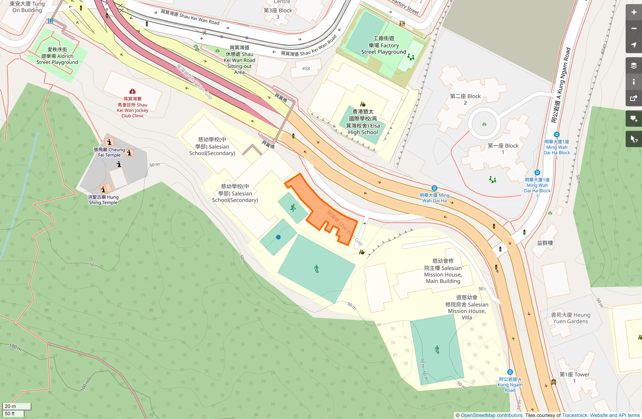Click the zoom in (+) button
pos(633,12)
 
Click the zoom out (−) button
pos(633,29)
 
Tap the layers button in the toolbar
pos(633,66)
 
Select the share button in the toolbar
pos(633,98)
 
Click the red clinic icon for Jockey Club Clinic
pos(132,91)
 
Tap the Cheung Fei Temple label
pos(109,152)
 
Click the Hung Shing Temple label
pos(103,200)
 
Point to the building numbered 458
pos(306,68)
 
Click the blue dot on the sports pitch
pos(278,237)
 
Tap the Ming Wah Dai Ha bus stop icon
pos(434,188)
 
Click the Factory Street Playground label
pos(384,45)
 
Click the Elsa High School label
pos(363,122)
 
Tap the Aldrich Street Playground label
pos(57,56)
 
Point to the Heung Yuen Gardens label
pos(570,318)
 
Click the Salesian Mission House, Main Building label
pos(443,271)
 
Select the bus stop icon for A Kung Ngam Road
pos(510,372)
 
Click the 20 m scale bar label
pos(11,406)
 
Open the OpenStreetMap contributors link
pos(491,415)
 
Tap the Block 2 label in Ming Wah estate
pos(465,99)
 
